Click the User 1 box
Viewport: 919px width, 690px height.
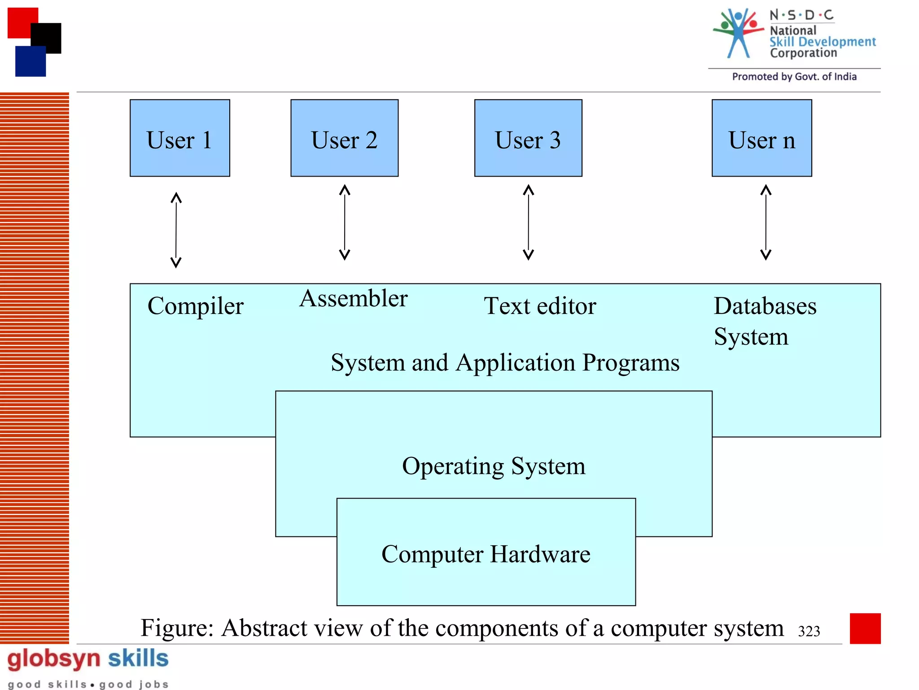(179, 138)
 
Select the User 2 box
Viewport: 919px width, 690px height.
(344, 138)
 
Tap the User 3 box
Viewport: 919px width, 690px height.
(528, 138)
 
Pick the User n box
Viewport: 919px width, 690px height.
(761, 138)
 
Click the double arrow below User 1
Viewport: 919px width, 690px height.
(176, 230)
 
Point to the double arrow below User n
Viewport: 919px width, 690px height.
(766, 222)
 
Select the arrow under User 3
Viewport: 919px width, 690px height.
(529, 222)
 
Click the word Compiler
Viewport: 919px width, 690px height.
(195, 306)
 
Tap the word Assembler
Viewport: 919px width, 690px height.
(354, 298)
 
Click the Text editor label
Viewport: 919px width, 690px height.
(540, 306)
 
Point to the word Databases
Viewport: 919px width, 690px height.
(765, 306)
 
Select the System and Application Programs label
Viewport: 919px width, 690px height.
(505, 363)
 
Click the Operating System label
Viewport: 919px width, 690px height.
(494, 466)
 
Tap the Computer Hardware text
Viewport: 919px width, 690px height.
(486, 554)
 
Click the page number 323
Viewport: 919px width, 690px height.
(809, 631)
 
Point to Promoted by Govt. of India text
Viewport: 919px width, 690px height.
(794, 77)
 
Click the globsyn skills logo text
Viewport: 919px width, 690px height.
(88, 659)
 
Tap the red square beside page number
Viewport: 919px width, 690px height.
(865, 628)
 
